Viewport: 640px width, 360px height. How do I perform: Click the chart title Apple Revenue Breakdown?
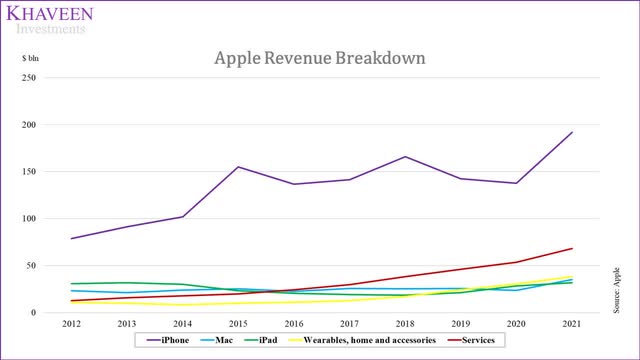(319, 57)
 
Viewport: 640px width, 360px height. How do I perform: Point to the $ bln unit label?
(34, 59)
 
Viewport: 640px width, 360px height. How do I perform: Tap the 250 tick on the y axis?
(28, 78)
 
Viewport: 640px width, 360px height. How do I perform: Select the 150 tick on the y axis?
(28, 172)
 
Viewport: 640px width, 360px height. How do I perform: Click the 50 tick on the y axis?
(30, 266)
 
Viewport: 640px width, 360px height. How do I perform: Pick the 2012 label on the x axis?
(71, 325)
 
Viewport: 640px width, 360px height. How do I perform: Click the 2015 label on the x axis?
(237, 325)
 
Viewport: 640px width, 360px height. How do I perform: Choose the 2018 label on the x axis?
(404, 325)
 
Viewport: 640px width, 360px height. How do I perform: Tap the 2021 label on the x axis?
(570, 325)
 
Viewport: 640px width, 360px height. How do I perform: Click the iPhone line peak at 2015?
(238, 167)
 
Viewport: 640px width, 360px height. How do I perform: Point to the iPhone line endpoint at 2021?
(571, 132)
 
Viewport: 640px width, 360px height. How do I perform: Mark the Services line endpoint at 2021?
(571, 248)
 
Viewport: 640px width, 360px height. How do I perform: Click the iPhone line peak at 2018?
(404, 157)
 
